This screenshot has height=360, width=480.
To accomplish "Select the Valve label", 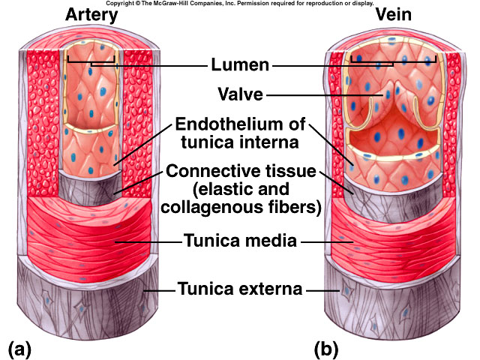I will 240,94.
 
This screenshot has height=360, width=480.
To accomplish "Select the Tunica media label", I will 239,241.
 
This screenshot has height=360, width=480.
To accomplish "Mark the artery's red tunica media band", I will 90,229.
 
